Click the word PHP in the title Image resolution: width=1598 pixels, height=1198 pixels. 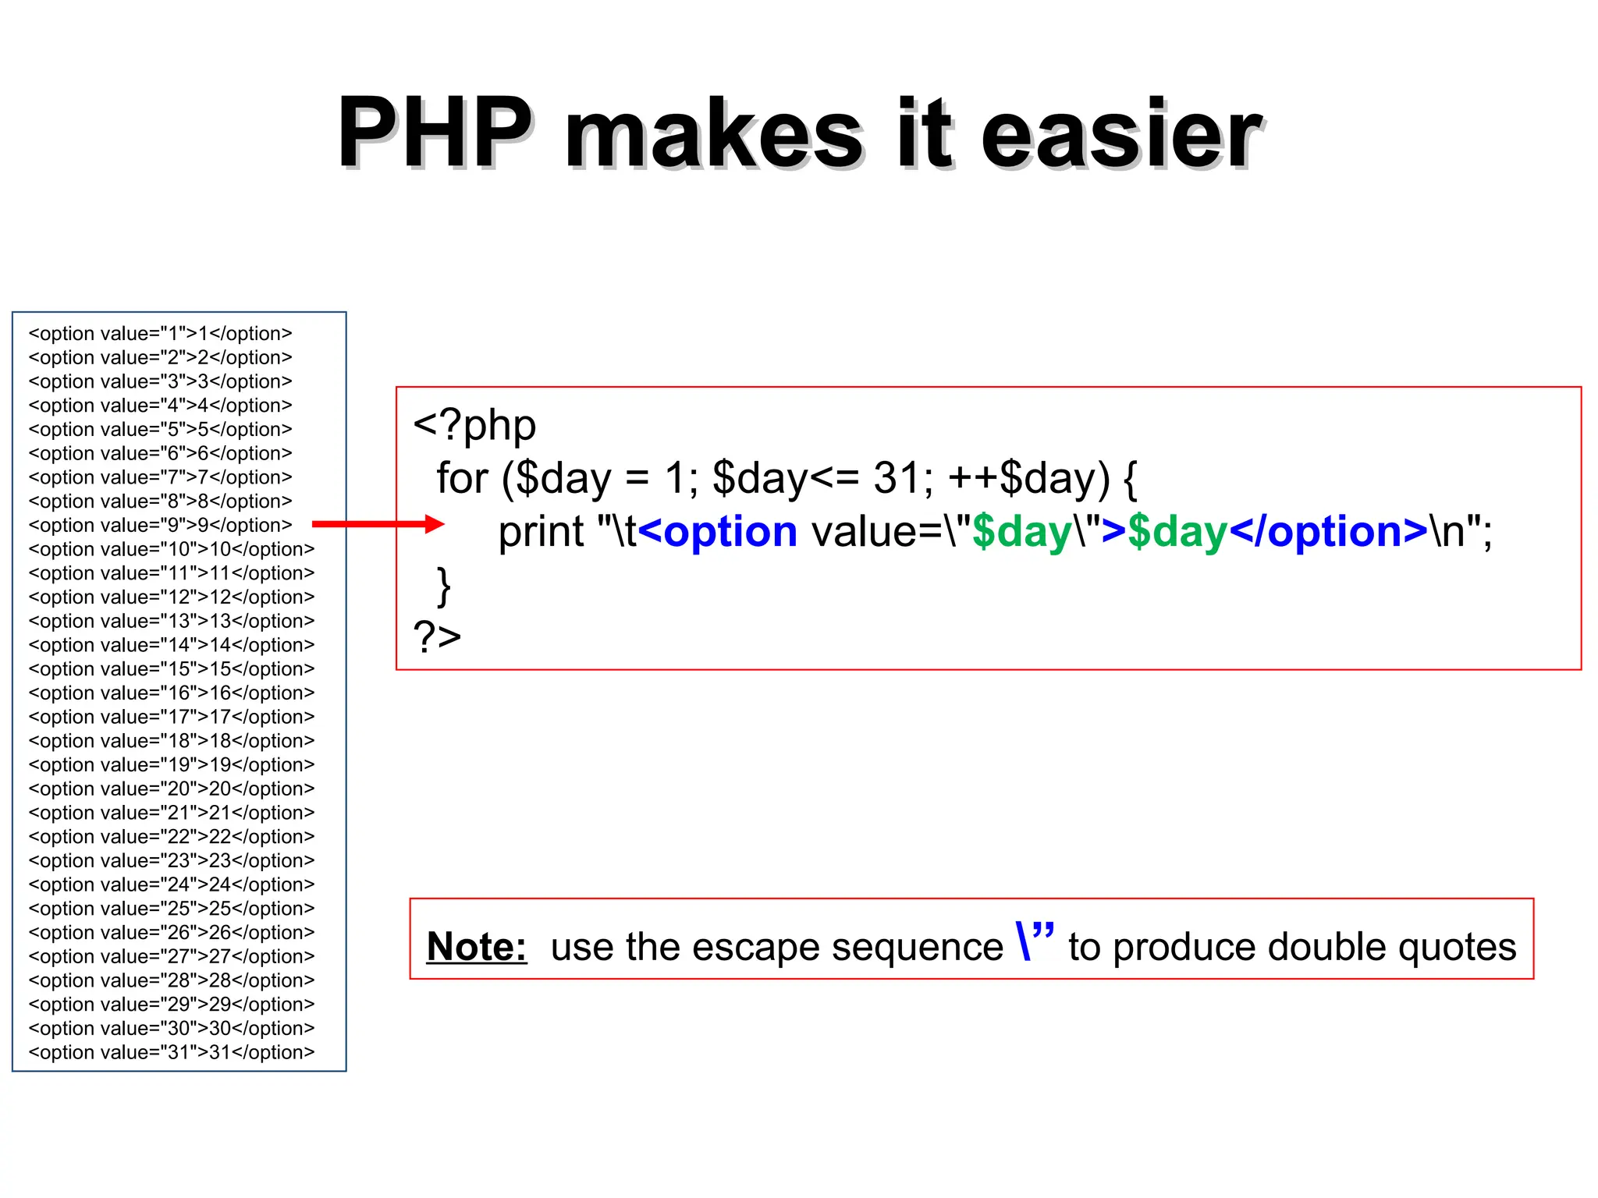[x=435, y=133]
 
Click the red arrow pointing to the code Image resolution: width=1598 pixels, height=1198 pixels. [x=378, y=524]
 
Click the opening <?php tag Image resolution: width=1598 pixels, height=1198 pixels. [x=474, y=426]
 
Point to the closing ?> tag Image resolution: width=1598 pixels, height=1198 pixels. [x=437, y=636]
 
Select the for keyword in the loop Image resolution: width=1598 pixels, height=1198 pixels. [x=462, y=477]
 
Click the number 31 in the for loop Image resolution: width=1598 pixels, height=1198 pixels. [x=896, y=477]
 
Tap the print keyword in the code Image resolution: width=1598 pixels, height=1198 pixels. [x=541, y=532]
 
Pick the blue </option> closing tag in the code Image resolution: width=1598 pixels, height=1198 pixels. [x=1328, y=532]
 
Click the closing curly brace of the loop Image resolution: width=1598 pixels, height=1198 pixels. [x=444, y=587]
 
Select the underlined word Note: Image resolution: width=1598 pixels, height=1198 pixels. [x=477, y=947]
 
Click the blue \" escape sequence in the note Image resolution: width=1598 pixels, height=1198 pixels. [x=1035, y=941]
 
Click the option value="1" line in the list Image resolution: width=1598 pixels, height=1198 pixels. [x=160, y=334]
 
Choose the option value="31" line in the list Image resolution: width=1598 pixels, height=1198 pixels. [x=172, y=1052]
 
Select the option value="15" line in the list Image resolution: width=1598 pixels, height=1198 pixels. [x=172, y=669]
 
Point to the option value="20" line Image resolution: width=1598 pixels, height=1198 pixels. [x=172, y=789]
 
